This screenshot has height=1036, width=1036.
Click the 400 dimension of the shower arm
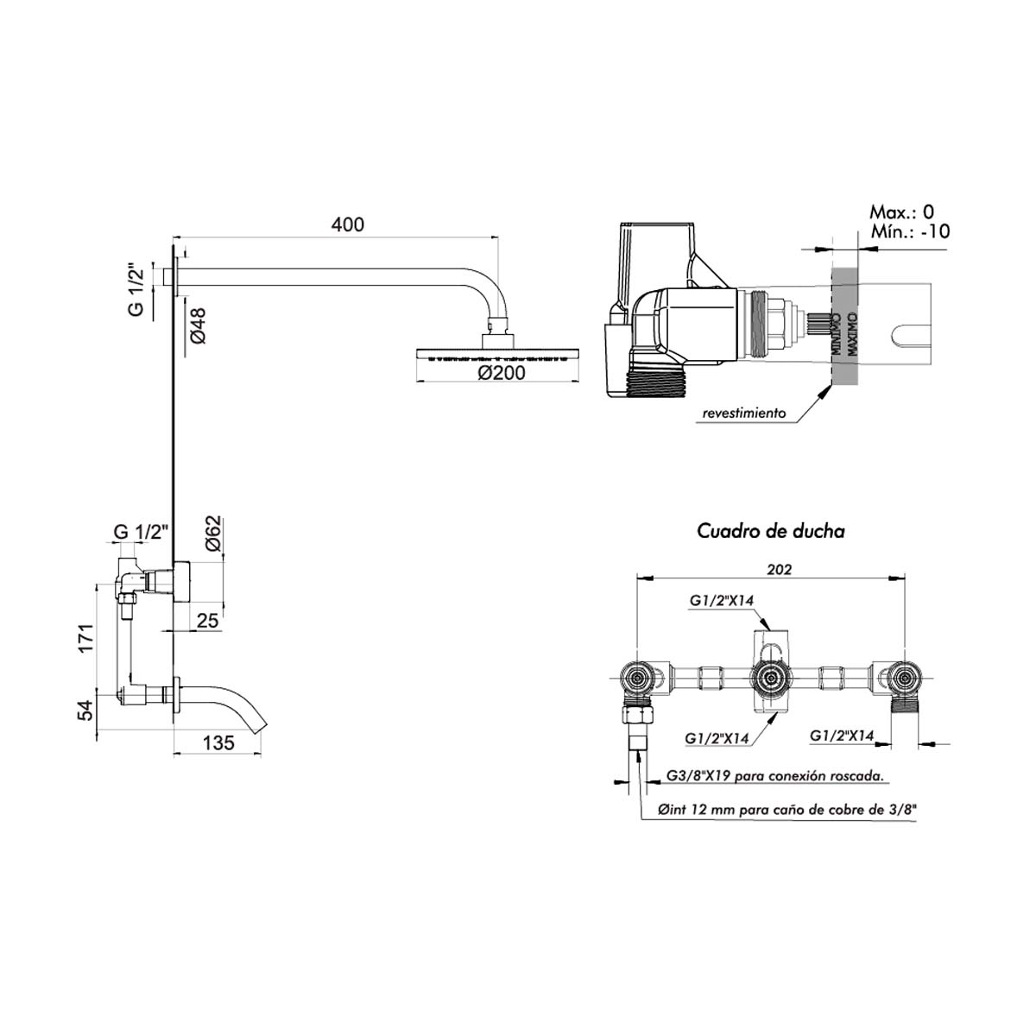347,225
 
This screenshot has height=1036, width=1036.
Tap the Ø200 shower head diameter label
500,372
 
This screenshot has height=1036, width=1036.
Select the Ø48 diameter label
198,325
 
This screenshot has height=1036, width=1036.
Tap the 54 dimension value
85,710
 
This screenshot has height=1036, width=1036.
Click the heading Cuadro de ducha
771,531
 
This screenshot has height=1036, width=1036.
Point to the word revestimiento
743,414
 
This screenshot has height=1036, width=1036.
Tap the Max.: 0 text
900,212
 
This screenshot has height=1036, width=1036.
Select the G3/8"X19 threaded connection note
774,776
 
